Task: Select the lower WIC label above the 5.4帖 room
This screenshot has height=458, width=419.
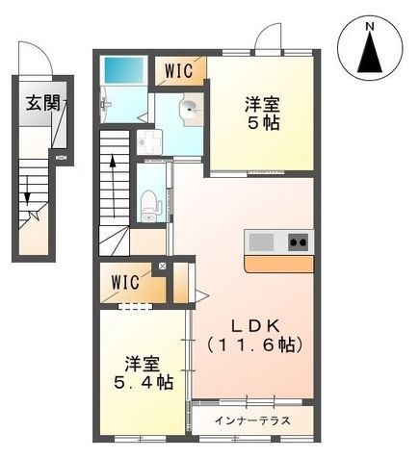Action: coord(126,283)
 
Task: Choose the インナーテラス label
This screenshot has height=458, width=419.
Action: coord(253,421)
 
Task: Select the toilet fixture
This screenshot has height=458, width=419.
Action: coord(149,203)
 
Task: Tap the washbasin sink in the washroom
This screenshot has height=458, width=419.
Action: coord(191,109)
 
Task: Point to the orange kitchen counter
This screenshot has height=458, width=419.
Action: coord(278,263)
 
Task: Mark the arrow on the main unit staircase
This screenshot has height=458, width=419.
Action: coord(114,173)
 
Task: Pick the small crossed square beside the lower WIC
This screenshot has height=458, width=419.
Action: coord(162,267)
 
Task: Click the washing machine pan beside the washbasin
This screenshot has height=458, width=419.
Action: coord(147,141)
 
